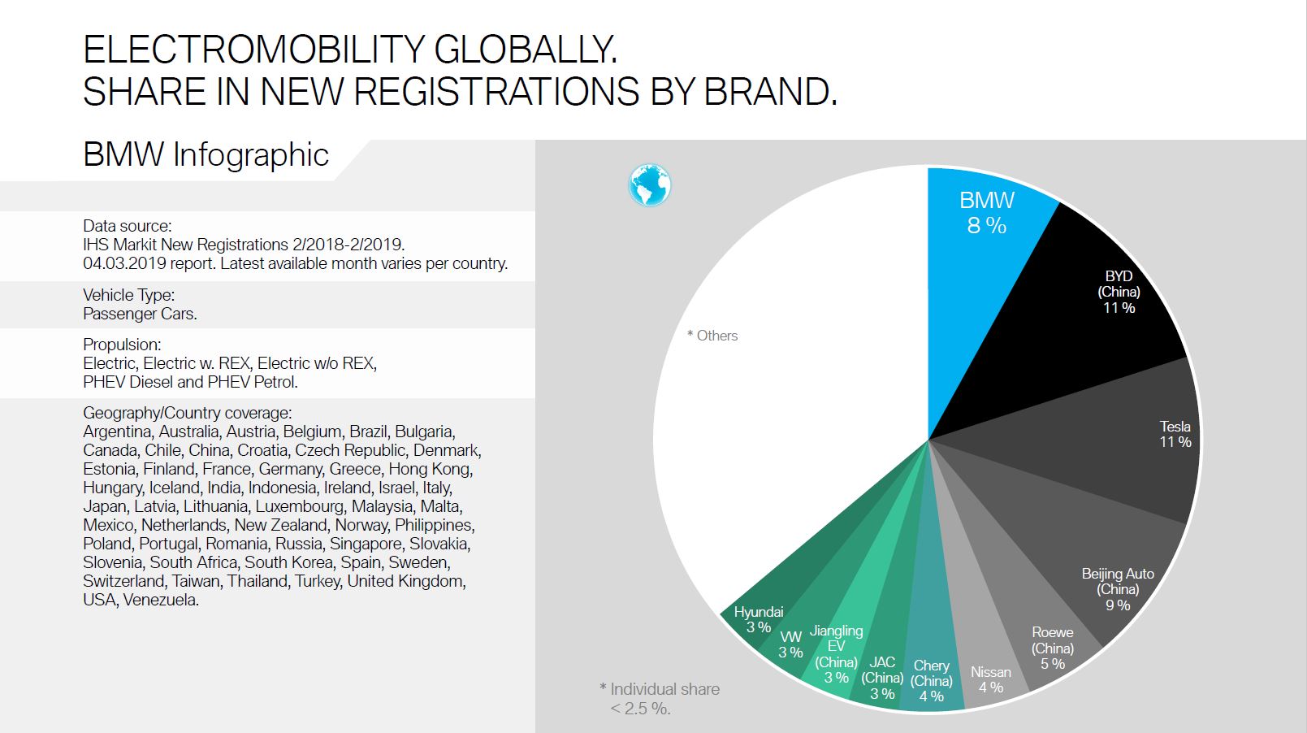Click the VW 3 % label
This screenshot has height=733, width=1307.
tap(790, 644)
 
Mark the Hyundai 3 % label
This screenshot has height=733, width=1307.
tap(758, 619)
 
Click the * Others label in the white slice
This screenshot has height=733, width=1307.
tap(712, 336)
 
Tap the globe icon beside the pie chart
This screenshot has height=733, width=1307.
tap(650, 184)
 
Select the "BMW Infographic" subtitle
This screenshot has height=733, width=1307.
tap(206, 154)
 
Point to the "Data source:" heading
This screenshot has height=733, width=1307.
tap(127, 226)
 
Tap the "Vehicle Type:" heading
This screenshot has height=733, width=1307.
tap(128, 295)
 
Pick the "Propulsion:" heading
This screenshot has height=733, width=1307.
tap(122, 345)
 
